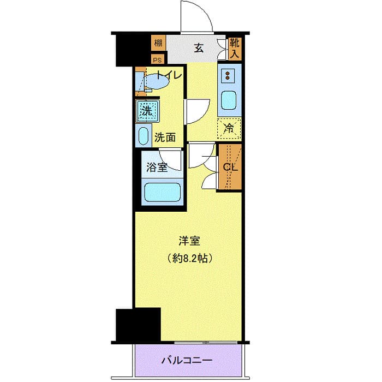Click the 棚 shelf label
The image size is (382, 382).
[158, 43]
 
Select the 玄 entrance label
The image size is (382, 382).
[198, 48]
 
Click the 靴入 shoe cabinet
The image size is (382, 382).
[234, 48]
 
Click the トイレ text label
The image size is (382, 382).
[169, 76]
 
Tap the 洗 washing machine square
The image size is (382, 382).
[146, 111]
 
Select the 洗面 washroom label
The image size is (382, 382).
[165, 137]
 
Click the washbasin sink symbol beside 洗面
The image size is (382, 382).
[144, 135]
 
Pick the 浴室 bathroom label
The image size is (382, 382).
[156, 168]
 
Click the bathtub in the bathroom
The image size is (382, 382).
[162, 193]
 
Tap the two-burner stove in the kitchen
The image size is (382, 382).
[228, 75]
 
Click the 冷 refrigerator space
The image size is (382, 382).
[230, 129]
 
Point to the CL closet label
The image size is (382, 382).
[230, 167]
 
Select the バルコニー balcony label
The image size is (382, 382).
[187, 360]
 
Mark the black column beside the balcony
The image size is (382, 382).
[138, 325]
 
